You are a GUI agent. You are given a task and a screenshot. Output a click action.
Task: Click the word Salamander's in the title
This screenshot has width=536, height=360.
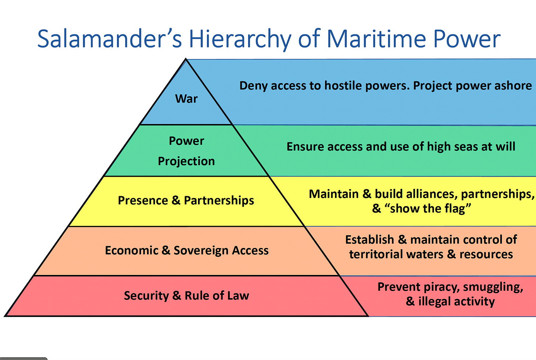109,39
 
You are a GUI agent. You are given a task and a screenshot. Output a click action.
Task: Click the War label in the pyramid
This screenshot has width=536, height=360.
186,99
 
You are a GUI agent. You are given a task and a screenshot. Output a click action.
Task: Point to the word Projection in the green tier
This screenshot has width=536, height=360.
186,161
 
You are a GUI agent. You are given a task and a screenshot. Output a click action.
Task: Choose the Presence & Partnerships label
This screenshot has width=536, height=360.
186,200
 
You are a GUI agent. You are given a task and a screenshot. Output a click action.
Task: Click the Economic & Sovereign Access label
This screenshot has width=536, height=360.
187,250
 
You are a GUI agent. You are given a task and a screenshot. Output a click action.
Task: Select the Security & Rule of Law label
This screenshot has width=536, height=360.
186,296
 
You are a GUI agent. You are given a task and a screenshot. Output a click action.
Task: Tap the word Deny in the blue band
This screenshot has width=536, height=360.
253,85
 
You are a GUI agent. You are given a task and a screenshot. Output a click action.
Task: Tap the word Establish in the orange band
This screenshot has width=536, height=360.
370,240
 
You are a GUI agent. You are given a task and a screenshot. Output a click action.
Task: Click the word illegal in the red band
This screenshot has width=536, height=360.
434,301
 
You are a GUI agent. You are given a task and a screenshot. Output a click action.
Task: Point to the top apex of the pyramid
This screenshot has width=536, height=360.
186,59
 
